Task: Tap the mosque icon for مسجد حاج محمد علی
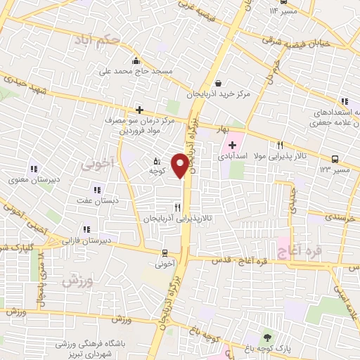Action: (136, 61)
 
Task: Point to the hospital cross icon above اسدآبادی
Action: (233, 145)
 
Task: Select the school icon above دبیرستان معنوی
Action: (33, 169)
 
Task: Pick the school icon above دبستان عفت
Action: (97, 189)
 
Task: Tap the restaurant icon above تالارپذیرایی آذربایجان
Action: (178, 207)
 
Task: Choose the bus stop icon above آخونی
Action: (165, 253)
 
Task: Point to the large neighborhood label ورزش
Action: (77, 281)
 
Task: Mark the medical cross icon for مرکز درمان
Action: (140, 110)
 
